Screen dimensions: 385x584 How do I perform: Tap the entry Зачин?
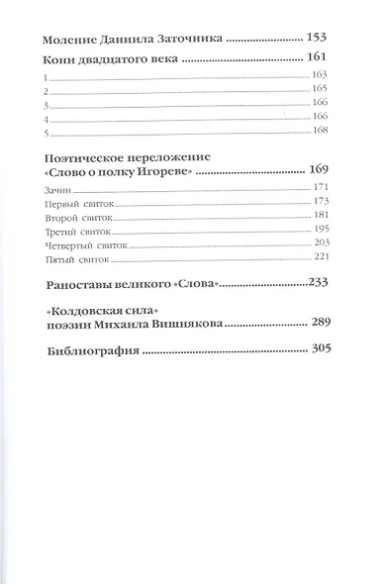tap(59, 187)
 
